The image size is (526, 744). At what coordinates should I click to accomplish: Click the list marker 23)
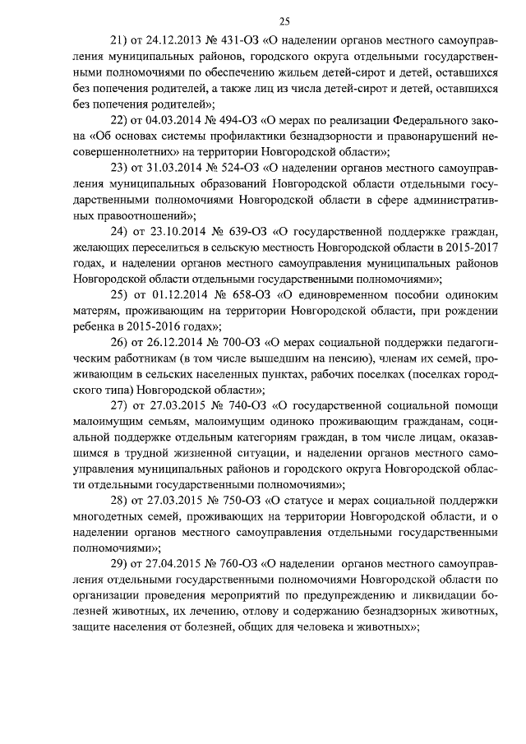(120, 167)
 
